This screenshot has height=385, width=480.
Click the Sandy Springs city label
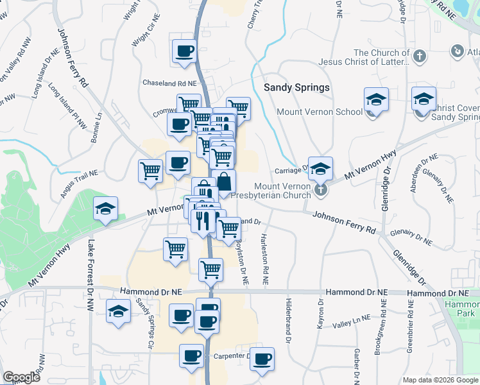pos(297,87)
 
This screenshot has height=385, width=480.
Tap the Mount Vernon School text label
pos(320,112)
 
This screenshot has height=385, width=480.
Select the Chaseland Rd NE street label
pos(169,83)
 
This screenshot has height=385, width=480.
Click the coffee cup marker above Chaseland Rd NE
pos(184,51)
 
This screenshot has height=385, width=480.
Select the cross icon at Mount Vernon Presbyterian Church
pos(321,190)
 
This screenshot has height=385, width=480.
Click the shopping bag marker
pos(224,182)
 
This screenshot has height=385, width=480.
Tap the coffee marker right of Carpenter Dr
pos(261,359)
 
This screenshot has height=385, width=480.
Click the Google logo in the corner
pos(21,377)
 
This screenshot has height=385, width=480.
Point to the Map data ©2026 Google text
pos(440,380)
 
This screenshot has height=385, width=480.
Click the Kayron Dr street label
pos(319,313)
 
